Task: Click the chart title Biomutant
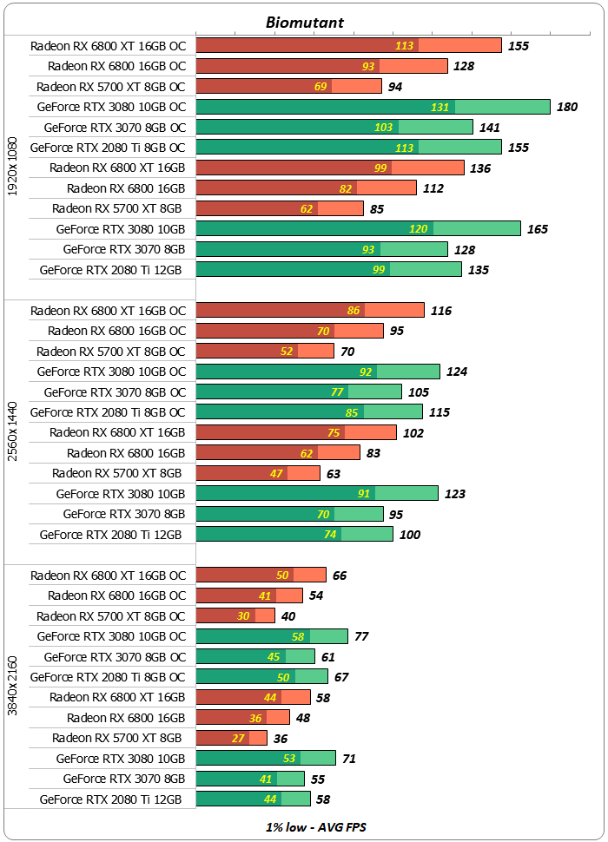(x=304, y=23)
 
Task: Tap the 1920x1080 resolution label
(x=12, y=167)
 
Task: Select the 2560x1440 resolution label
(x=12, y=431)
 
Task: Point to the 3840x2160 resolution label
(x=12, y=686)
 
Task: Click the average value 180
(x=567, y=107)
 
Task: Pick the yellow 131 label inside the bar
(x=441, y=107)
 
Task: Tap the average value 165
(x=538, y=229)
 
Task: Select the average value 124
(x=457, y=372)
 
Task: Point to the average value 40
(x=288, y=616)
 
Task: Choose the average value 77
(x=361, y=636)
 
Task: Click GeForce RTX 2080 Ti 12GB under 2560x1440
(x=111, y=534)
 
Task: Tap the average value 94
(x=395, y=86)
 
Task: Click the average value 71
(x=349, y=758)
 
